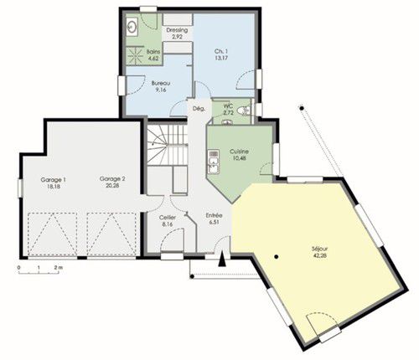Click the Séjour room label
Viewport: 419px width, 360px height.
tap(319, 249)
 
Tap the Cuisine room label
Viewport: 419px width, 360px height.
tap(239, 152)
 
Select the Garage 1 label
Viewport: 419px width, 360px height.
tap(53, 179)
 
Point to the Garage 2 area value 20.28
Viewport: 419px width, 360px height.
tap(112, 185)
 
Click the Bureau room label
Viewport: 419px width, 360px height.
tap(161, 83)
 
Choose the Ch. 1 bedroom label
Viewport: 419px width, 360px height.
tap(221, 51)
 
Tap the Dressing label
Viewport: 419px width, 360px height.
tap(177, 30)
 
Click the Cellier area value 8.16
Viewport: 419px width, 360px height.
tap(167, 224)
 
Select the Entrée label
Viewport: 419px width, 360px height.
tap(214, 215)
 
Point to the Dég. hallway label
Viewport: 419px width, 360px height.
tap(199, 109)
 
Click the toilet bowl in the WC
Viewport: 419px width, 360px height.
tap(243, 111)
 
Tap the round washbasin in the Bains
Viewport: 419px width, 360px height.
tap(132, 27)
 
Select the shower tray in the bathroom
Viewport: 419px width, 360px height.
tap(136, 55)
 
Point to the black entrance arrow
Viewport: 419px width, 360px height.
tap(222, 260)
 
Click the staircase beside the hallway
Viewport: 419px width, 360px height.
tap(168, 145)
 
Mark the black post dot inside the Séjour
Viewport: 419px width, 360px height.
tap(277, 257)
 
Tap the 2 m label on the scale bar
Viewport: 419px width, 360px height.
tap(59, 267)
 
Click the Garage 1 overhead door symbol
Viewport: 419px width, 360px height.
tap(53, 234)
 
